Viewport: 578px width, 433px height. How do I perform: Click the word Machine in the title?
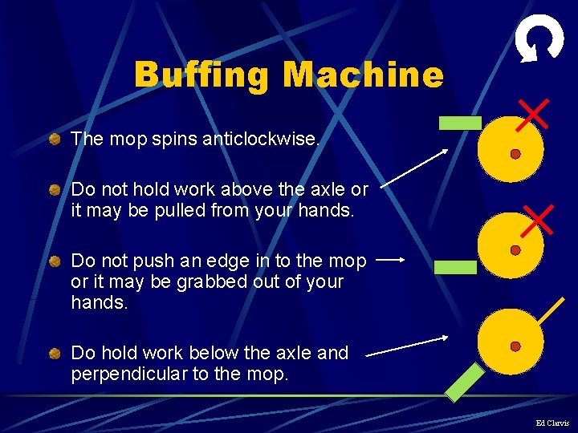(x=362, y=75)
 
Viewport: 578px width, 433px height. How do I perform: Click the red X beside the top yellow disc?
(x=532, y=115)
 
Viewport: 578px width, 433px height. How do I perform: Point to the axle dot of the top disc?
(x=515, y=153)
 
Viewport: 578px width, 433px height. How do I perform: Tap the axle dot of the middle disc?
(x=515, y=250)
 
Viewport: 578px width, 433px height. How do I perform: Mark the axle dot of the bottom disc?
(x=515, y=346)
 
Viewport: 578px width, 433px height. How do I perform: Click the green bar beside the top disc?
(x=460, y=123)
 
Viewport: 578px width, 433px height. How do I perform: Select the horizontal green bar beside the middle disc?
(x=455, y=267)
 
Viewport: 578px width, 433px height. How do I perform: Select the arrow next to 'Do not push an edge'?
(x=391, y=260)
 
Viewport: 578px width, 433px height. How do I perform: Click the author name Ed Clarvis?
(x=552, y=423)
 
